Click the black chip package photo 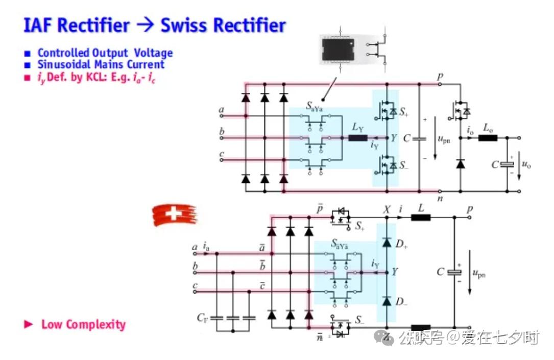click(x=341, y=50)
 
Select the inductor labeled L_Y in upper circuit click(x=357, y=138)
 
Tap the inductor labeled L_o click(x=487, y=138)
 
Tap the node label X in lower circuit click(x=387, y=209)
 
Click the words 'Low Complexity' click(x=83, y=325)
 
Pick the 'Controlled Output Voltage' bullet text click(x=105, y=53)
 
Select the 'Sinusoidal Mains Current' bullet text click(x=101, y=65)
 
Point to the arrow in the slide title click(x=146, y=26)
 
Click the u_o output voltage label click(x=525, y=164)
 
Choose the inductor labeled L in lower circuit click(x=421, y=218)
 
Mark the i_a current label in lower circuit click(x=206, y=248)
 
